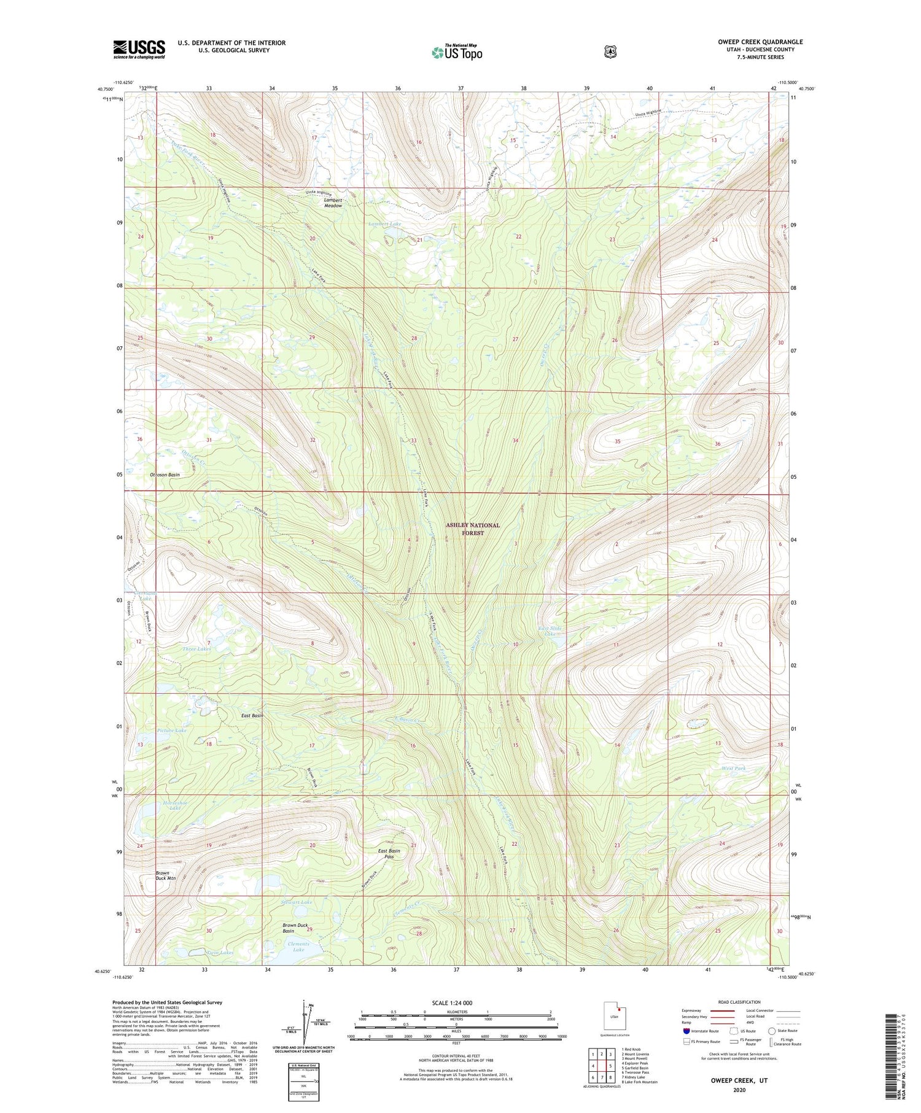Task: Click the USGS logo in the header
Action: click(139, 49)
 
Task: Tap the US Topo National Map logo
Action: click(457, 52)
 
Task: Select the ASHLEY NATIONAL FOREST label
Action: click(473, 529)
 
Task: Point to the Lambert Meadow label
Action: click(333, 203)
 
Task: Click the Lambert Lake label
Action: click(384, 224)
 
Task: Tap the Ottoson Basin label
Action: click(165, 475)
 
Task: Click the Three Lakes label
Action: click(196, 649)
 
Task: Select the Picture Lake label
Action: click(171, 731)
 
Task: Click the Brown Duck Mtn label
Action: click(165, 875)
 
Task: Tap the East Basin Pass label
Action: click(389, 853)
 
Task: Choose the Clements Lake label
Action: click(298, 946)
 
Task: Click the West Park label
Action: click(734, 768)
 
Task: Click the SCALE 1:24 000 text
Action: click(456, 1003)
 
